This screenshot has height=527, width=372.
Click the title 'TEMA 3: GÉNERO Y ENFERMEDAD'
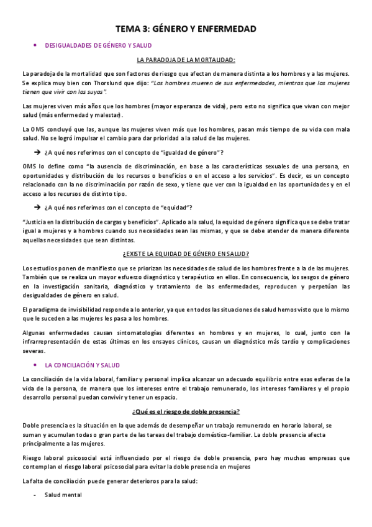[x=186, y=29]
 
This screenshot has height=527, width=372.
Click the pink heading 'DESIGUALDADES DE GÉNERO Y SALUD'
[x=99, y=45]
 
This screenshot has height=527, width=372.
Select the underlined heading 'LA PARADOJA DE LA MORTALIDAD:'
[x=186, y=60]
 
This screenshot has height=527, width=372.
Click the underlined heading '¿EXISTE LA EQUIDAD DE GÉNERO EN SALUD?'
[x=186, y=254]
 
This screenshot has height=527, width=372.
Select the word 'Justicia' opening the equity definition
[x=35, y=222]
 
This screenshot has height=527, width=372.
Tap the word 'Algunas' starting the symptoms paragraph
[x=35, y=333]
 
